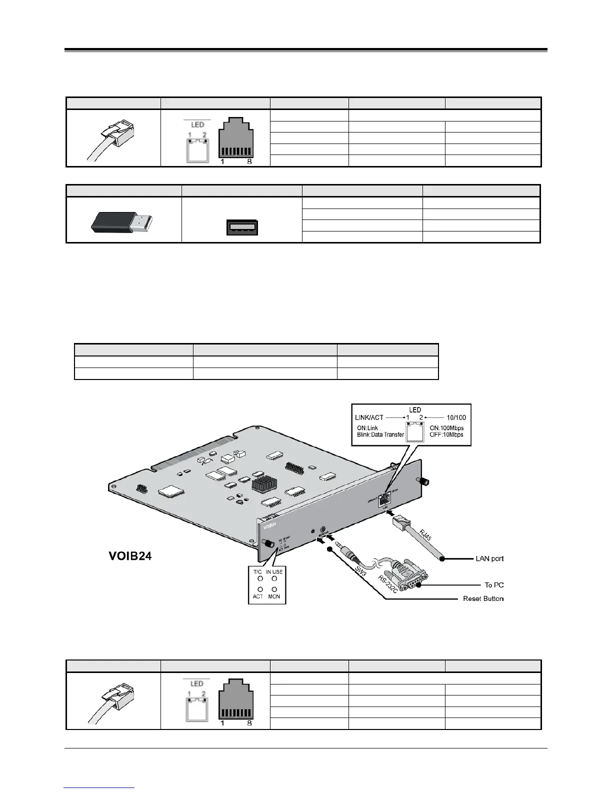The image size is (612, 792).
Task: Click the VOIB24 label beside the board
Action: pyautogui.click(x=130, y=555)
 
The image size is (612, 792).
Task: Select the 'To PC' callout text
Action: pyautogui.click(x=492, y=584)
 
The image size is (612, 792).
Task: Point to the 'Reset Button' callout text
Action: pyautogui.click(x=483, y=598)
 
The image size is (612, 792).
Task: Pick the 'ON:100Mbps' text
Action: pyautogui.click(x=446, y=428)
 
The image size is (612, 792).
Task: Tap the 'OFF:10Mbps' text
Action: pyautogui.click(x=446, y=434)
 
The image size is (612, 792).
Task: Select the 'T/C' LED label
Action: pyautogui.click(x=257, y=572)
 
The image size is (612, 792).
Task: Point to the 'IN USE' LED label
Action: pyautogui.click(x=274, y=572)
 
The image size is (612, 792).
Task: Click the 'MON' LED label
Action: pyautogui.click(x=274, y=596)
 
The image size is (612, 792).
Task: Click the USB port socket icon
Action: pyautogui.click(x=241, y=227)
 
